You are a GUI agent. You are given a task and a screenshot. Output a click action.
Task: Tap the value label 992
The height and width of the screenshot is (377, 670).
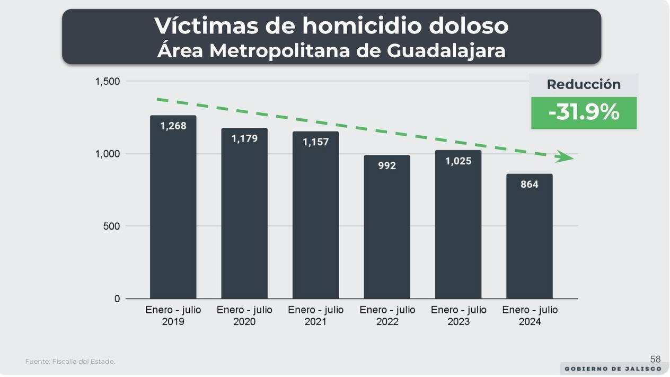387,165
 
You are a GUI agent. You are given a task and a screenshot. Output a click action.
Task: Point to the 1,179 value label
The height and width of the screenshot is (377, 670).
244,138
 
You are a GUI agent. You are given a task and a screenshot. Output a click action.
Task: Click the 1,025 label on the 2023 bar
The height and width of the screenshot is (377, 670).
458,161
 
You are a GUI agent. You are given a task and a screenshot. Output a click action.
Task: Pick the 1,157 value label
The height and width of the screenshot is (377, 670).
315,142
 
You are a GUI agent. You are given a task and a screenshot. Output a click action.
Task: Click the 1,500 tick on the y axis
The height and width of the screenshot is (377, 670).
107,82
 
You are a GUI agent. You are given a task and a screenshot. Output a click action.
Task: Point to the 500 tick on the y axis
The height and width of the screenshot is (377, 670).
111,226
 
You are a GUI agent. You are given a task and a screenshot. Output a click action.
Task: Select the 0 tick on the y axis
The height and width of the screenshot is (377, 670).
117,299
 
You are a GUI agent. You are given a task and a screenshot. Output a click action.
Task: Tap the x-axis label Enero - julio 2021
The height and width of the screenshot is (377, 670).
315,315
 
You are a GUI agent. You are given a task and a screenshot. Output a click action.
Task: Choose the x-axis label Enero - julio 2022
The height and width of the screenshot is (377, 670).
387,315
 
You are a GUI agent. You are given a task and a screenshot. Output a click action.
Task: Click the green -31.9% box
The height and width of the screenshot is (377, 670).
584,112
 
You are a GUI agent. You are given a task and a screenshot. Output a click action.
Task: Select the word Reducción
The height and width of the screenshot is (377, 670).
584,84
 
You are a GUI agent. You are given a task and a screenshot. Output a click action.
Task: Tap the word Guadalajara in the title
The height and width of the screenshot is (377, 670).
446,51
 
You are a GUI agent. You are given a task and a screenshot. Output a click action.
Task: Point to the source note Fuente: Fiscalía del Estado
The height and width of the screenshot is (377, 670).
70,362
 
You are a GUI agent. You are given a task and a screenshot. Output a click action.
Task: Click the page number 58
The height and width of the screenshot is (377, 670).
655,359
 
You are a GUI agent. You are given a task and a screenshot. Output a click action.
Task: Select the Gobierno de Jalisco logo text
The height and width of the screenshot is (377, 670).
613,369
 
